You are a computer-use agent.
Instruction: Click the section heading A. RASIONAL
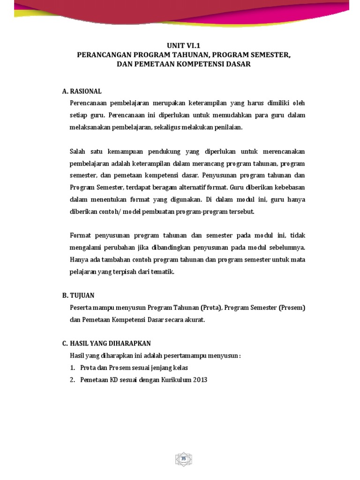[x=82, y=91]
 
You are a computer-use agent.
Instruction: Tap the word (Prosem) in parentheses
[x=290, y=307]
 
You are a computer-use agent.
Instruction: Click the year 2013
[x=198, y=380]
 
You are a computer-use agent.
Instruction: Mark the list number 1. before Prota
[x=73, y=367]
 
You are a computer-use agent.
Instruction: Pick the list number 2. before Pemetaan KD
[x=73, y=380]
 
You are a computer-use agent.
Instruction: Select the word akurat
[x=195, y=320]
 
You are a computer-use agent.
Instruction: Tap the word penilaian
[x=228, y=127]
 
